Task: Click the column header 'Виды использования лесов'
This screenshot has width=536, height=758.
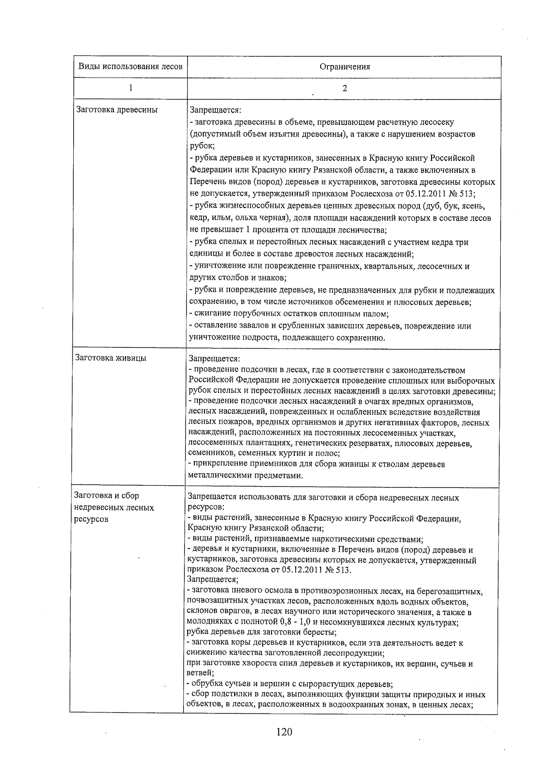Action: (x=130, y=67)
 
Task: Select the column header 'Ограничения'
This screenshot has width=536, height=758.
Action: (x=344, y=67)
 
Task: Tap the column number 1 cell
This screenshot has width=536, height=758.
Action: (x=130, y=88)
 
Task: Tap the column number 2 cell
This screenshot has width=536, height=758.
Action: (x=344, y=88)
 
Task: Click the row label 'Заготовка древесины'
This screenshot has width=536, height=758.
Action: (x=117, y=109)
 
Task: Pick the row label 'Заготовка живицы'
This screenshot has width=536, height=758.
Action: (x=111, y=358)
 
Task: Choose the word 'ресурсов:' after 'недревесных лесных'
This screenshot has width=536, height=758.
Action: (x=206, y=508)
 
